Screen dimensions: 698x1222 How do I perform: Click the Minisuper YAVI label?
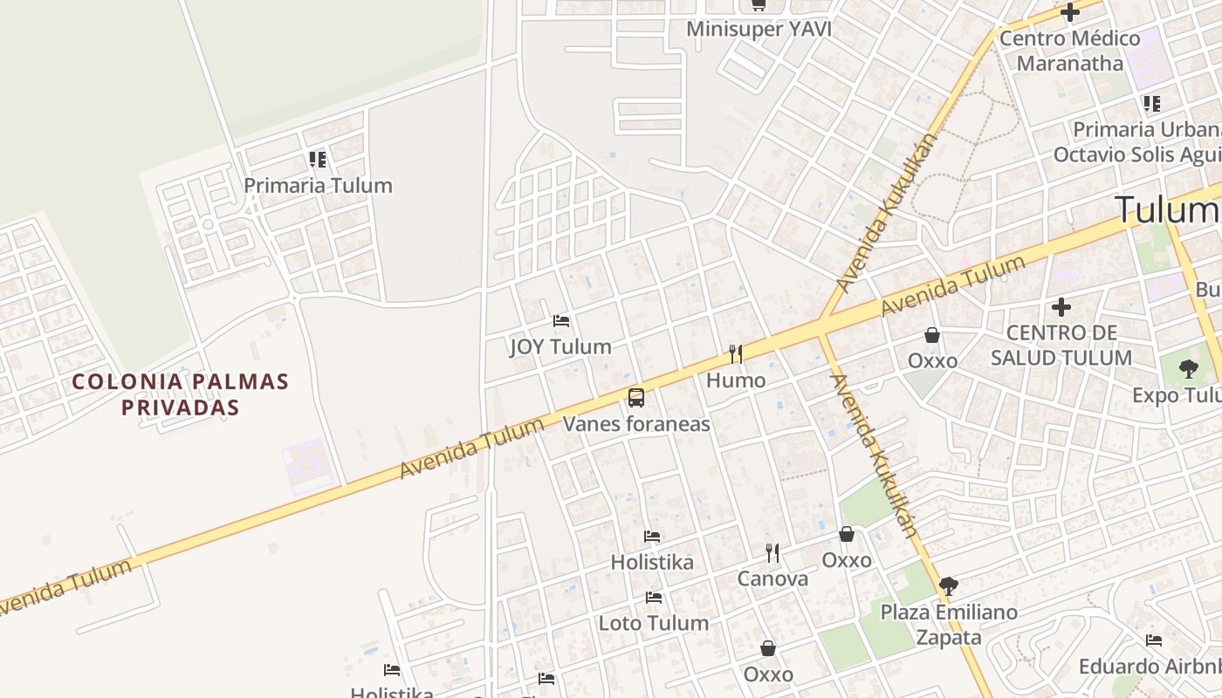tap(758, 29)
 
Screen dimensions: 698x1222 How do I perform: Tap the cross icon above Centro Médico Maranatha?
tap(1069, 12)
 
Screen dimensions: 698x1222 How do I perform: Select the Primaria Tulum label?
tap(318, 185)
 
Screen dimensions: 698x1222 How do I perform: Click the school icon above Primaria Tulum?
tap(318, 160)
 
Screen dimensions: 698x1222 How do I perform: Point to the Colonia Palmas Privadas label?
tap(180, 393)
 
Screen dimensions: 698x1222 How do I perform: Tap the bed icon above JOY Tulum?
tap(561, 321)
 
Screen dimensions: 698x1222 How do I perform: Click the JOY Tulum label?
tap(560, 346)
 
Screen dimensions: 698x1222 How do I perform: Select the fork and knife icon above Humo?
tap(736, 353)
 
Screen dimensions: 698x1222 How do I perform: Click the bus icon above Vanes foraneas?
tap(636, 398)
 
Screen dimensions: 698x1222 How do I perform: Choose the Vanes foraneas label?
tap(636, 424)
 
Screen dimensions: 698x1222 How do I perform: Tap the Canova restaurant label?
tap(772, 578)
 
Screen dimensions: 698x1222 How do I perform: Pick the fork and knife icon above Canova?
tap(772, 552)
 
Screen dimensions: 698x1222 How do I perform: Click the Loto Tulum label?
tap(653, 623)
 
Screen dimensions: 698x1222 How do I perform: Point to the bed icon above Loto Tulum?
tap(653, 598)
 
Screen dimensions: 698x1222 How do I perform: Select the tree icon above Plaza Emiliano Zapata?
tap(948, 585)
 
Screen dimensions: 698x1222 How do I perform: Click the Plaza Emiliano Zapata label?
tap(948, 624)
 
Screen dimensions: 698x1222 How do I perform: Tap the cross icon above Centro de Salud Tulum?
tap(1061, 307)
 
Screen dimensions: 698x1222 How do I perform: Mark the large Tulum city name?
tap(1165, 210)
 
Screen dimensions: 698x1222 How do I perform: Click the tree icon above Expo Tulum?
tap(1188, 368)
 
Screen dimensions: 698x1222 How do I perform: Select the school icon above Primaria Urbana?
tap(1152, 104)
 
